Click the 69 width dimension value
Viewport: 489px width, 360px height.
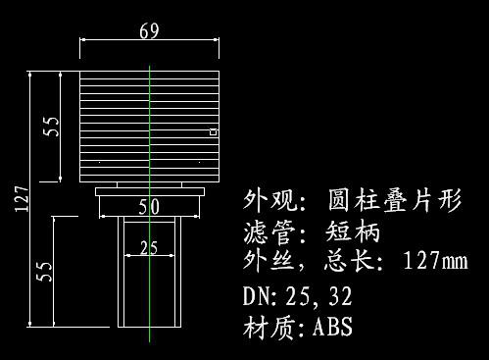pyautogui.click(x=149, y=31)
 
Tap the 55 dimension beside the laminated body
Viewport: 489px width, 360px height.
pyautogui.click(x=52, y=126)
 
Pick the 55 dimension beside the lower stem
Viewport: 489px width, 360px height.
pyautogui.click(x=43, y=271)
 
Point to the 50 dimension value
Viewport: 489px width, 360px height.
pyautogui.click(x=149, y=206)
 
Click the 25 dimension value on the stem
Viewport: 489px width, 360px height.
pyautogui.click(x=149, y=248)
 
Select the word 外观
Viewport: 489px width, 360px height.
pyautogui.click(x=265, y=202)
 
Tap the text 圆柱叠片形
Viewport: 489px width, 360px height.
pyautogui.click(x=396, y=202)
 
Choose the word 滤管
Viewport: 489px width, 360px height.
pyautogui.click(x=265, y=232)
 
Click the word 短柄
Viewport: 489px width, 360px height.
pyautogui.click(x=350, y=232)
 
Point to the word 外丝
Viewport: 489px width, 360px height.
pyautogui.click(x=265, y=262)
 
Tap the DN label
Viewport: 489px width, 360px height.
pyautogui.click(x=257, y=295)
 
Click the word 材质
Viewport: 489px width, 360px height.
pyautogui.click(x=265, y=326)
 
